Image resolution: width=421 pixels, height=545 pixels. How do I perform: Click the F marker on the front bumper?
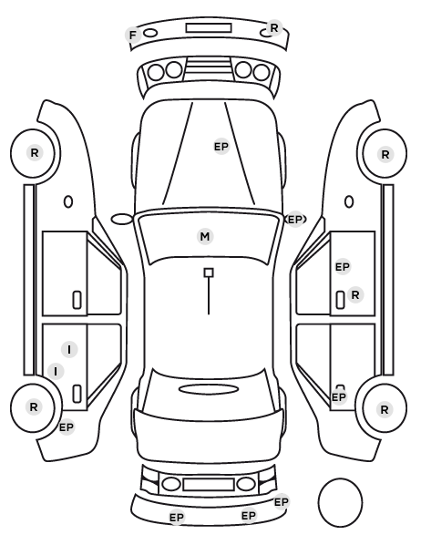coord(133,35)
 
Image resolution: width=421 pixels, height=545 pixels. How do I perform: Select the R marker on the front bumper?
coord(274,28)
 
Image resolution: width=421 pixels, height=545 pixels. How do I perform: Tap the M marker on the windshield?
coord(205,236)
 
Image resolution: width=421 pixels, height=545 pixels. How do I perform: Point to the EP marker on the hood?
coord(221,147)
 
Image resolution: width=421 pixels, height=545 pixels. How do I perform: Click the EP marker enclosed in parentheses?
coord(295,220)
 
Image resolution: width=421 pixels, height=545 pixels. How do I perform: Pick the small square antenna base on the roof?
coord(209,272)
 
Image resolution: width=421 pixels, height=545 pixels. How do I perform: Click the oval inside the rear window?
coord(209,389)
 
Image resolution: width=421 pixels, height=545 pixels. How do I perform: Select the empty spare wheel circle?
coord(340,502)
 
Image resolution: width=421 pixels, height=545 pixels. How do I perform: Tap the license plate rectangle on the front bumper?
coord(209,28)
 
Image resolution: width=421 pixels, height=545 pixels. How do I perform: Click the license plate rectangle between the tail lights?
coord(209,484)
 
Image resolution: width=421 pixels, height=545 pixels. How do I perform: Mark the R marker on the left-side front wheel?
coord(35,152)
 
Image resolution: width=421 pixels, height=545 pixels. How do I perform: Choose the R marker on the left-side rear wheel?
coord(34,407)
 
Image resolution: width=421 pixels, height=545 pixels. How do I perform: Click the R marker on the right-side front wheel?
coord(385,154)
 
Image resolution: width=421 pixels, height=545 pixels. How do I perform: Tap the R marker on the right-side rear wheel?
coord(385,410)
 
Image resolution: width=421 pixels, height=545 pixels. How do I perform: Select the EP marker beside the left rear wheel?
coord(67,427)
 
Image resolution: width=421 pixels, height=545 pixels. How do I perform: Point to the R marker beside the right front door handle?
coord(355,294)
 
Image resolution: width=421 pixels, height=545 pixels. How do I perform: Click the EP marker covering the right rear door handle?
coord(339,397)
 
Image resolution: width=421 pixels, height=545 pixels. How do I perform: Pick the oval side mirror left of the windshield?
coord(122,220)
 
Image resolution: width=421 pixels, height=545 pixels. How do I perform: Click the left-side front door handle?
coord(77,300)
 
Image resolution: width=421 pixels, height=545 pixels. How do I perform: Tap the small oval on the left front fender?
coord(68,202)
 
